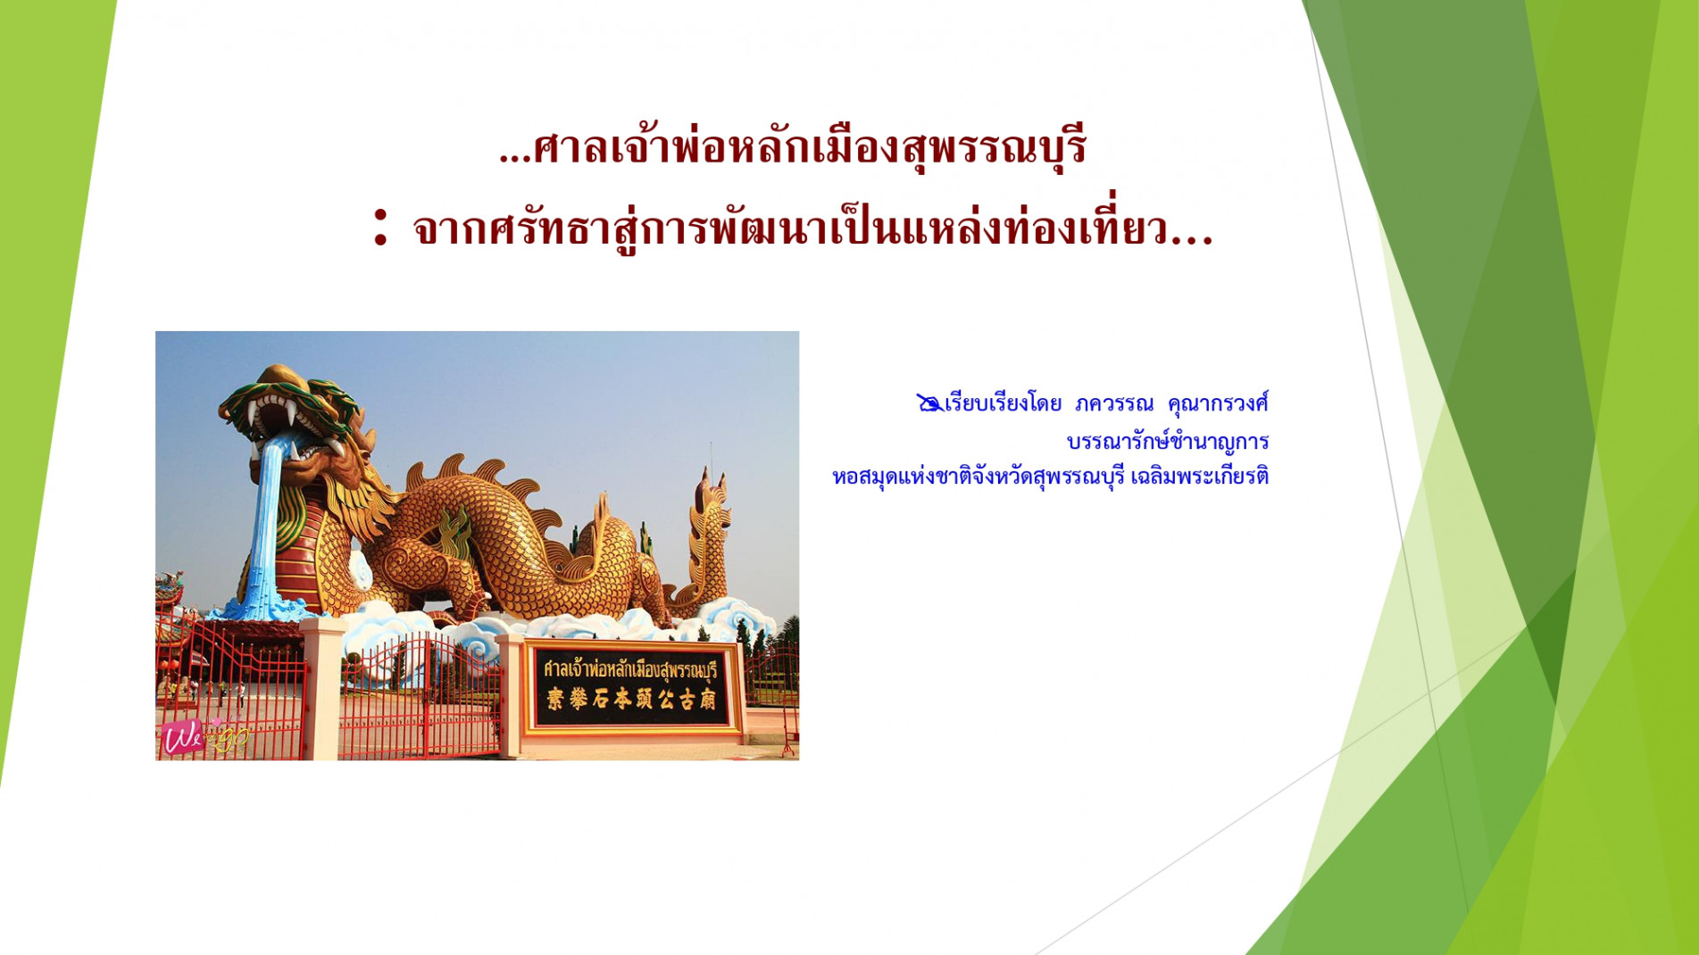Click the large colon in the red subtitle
coord(381,227)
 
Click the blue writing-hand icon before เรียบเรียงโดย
coord(929,403)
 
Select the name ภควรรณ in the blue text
coord(1114,403)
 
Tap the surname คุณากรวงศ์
coord(1218,403)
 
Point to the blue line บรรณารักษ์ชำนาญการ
coord(1168,441)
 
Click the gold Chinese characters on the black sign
coord(630,700)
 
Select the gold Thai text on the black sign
coord(630,669)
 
